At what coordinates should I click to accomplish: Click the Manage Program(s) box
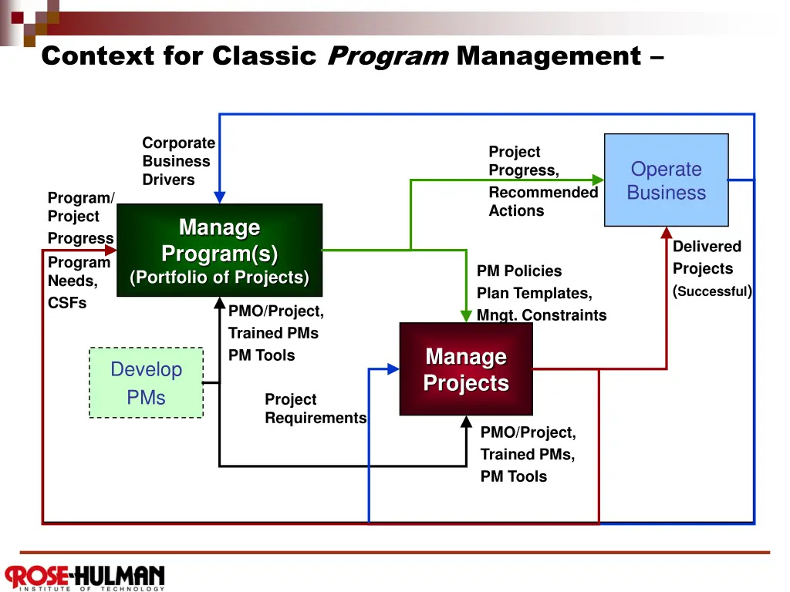click(x=220, y=251)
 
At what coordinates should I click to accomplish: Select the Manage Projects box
click(x=466, y=369)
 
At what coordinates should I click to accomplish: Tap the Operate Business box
click(x=666, y=180)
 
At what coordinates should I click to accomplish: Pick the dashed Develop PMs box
click(x=146, y=382)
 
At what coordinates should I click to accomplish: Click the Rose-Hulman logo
click(x=85, y=577)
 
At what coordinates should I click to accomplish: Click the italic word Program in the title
click(x=388, y=55)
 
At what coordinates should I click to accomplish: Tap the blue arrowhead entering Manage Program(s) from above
click(x=220, y=197)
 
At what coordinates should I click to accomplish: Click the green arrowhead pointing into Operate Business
click(x=598, y=180)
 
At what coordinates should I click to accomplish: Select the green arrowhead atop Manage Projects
click(x=466, y=316)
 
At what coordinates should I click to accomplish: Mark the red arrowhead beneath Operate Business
click(x=667, y=233)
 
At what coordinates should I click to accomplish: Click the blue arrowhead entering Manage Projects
click(x=393, y=369)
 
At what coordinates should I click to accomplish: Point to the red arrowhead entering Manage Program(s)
click(x=111, y=250)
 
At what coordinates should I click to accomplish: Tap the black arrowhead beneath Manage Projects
click(x=467, y=422)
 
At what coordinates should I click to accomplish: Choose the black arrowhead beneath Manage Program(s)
click(x=220, y=303)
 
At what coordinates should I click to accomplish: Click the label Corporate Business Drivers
click(x=179, y=161)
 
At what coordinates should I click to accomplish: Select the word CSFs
click(x=67, y=303)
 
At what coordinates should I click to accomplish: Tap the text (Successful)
click(x=712, y=291)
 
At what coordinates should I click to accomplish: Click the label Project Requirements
click(x=316, y=409)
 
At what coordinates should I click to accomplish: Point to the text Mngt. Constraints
click(x=542, y=315)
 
